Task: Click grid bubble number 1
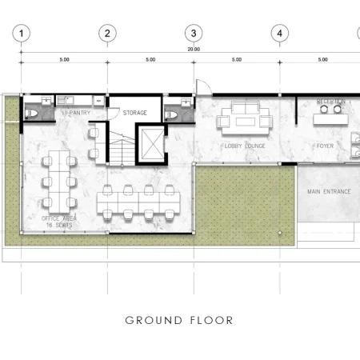[22, 33]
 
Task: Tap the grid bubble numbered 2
[108, 33]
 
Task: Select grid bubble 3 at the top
[194, 33]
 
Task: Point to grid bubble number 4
[279, 33]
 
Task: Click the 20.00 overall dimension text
[194, 49]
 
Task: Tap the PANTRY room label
[79, 113]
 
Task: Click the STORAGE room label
[135, 113]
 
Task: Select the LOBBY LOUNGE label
[244, 146]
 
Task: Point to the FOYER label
[325, 146]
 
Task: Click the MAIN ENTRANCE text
[329, 192]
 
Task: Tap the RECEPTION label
[331, 102]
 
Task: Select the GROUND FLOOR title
[179, 321]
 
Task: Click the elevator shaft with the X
[150, 141]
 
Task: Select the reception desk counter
[330, 124]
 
